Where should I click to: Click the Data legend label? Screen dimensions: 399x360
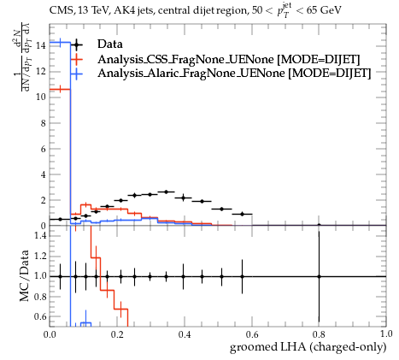click(x=110, y=44)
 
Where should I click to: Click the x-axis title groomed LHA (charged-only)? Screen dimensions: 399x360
click(x=308, y=347)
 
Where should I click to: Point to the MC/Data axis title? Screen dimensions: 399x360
click(x=25, y=275)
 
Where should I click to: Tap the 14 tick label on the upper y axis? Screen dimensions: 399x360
click(x=41, y=45)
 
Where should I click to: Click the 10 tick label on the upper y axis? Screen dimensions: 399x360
click(x=41, y=97)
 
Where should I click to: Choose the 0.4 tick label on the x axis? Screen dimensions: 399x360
click(x=185, y=333)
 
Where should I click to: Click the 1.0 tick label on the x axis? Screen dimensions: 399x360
click(x=386, y=333)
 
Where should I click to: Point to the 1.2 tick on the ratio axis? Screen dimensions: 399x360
click(x=40, y=256)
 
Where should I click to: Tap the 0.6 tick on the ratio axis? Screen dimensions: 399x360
click(x=40, y=316)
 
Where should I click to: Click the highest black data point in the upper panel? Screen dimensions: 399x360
click(x=167, y=192)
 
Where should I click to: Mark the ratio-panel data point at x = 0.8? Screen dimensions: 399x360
click(x=319, y=276)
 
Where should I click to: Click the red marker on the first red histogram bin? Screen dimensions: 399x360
click(x=60, y=90)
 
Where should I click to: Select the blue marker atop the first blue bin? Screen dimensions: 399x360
click(x=60, y=43)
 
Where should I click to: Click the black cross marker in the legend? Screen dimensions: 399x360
click(x=76, y=44)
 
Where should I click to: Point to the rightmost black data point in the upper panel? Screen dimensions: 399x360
click(x=319, y=225)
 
